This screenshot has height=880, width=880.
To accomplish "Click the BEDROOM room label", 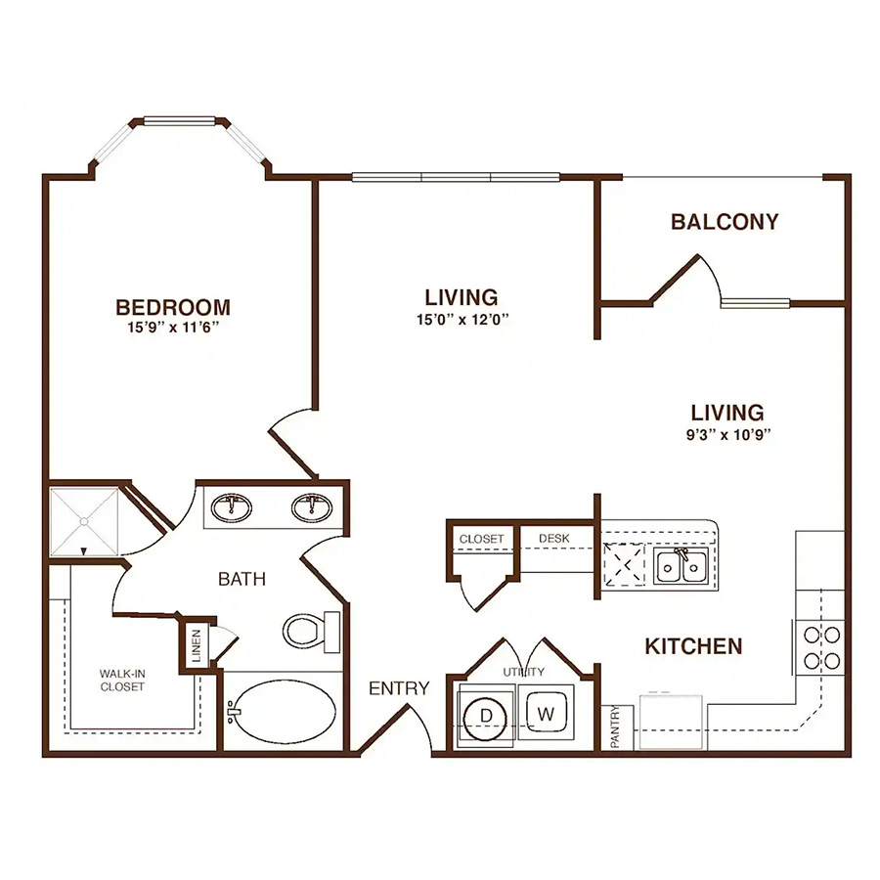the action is [173, 308].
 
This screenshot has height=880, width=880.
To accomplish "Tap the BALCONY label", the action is [725, 222].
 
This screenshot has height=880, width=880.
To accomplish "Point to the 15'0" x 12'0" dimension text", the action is [462, 320].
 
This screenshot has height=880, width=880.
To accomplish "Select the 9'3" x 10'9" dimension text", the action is [728, 434].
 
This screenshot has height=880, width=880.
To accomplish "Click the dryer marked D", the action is [485, 717].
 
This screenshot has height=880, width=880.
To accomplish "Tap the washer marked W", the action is [546, 714].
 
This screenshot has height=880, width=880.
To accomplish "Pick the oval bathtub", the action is [284, 711].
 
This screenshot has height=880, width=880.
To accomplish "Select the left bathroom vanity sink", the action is [231, 507].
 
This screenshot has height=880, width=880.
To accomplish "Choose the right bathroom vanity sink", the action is [312, 507].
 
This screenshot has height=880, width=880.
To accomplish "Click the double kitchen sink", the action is [681, 566].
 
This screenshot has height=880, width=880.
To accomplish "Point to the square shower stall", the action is [84, 521].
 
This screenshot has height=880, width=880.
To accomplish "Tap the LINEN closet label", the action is [196, 645].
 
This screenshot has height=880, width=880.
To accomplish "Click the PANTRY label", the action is [615, 727].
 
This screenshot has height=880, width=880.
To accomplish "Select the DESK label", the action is [554, 538].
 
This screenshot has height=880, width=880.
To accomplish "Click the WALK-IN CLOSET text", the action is [122, 680].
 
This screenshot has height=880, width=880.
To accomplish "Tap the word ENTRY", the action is [399, 688].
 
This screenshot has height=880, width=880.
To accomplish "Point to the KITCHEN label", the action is [693, 646].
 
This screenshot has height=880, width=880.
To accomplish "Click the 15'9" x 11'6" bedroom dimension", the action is [173, 328].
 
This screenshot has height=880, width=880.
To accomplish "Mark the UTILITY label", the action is [524, 672].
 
